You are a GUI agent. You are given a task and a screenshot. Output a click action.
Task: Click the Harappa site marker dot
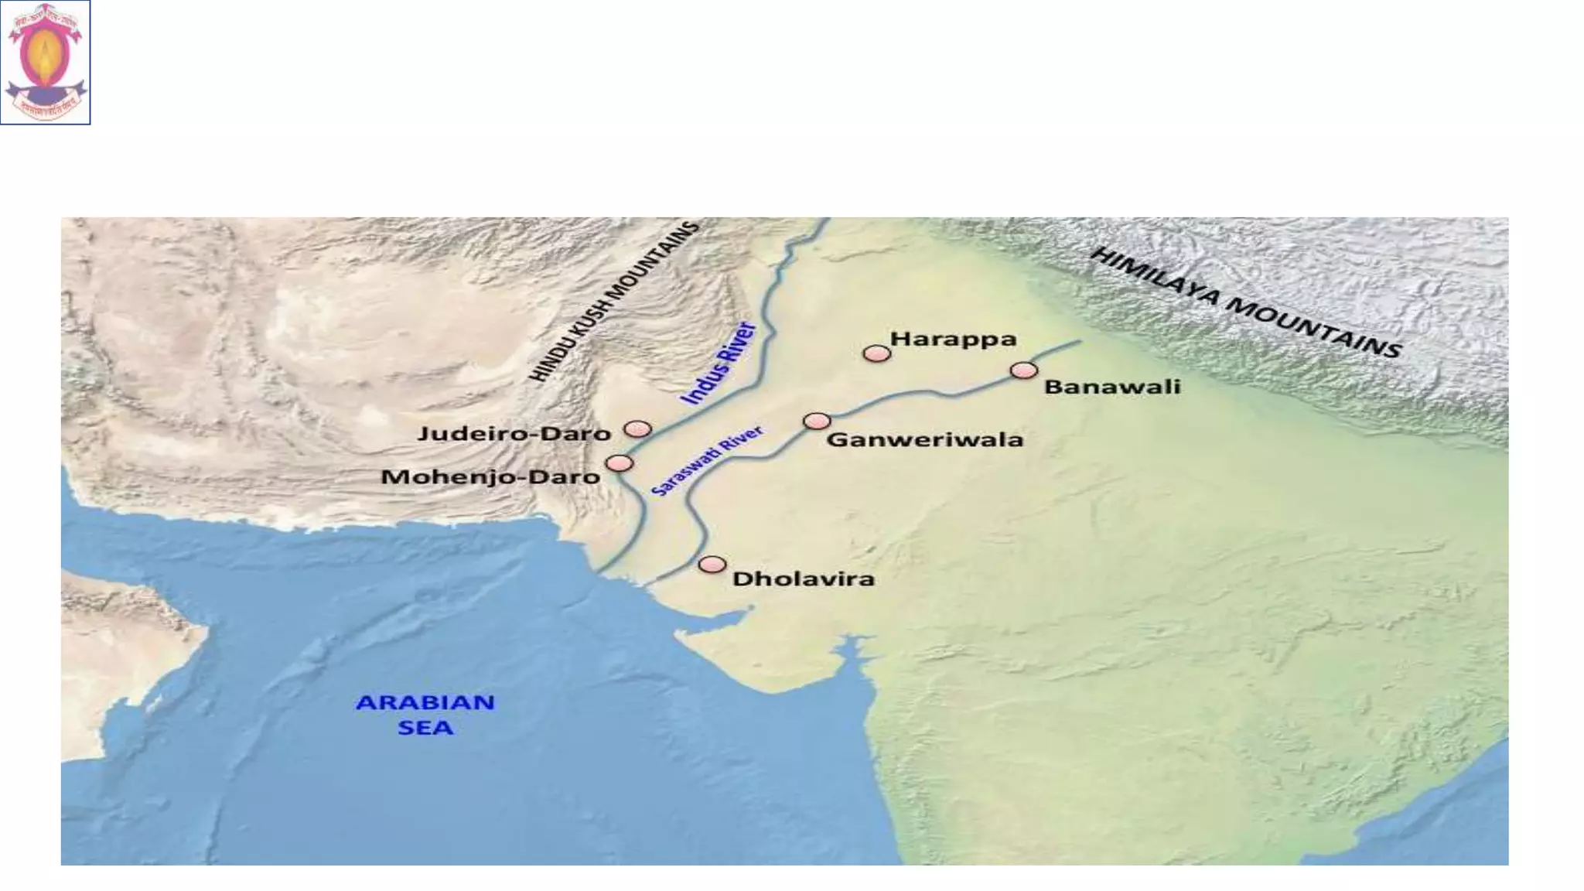(876, 353)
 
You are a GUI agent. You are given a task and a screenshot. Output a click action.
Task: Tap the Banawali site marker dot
(1023, 371)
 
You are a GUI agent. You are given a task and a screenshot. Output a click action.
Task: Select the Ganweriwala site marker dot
(817, 421)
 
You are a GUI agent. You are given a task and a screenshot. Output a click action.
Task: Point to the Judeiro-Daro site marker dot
(637, 428)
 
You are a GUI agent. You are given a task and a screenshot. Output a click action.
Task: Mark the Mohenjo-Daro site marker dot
(619, 463)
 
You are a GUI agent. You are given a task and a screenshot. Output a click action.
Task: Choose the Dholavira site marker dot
(712, 565)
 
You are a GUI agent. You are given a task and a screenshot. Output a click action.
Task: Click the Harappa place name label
(953, 340)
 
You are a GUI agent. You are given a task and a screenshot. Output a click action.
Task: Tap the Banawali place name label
(1112, 387)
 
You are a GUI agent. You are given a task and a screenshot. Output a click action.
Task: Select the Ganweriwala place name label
(925, 440)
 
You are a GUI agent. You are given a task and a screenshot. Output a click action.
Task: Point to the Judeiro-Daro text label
(514, 433)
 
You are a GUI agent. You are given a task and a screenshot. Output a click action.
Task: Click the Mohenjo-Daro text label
(490, 476)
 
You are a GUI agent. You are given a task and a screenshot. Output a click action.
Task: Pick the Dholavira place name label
(804, 579)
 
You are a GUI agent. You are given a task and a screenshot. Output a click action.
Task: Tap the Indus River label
(717, 364)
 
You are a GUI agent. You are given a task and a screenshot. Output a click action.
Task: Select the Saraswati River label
(706, 461)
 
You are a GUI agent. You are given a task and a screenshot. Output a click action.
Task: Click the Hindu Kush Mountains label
(613, 302)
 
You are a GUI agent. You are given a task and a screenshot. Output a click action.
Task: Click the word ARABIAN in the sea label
(425, 702)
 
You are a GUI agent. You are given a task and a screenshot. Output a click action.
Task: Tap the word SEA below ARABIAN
(425, 728)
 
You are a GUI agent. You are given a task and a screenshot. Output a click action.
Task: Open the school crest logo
(46, 63)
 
